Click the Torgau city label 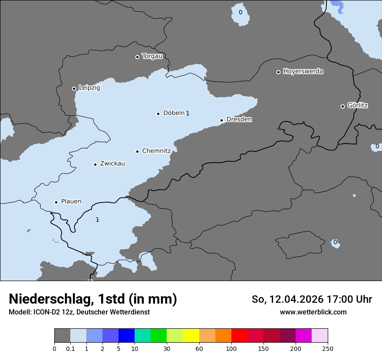coord(152,56)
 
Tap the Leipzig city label coord(89,88)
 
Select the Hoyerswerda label coord(303,71)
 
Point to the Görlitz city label coord(357,105)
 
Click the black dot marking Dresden coord(221,120)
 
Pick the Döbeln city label coord(174,113)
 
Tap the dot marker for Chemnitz coord(137,151)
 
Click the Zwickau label coord(112,164)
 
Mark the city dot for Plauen coord(56,202)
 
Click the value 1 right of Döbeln coord(188,113)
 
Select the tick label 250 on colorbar coord(328,348)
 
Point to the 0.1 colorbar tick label coord(70,348)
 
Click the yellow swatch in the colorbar coord(191,336)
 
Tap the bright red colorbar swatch coord(239,336)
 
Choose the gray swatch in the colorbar coord(62,336)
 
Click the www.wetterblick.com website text coord(313,312)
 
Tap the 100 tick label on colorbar coord(231,348)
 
